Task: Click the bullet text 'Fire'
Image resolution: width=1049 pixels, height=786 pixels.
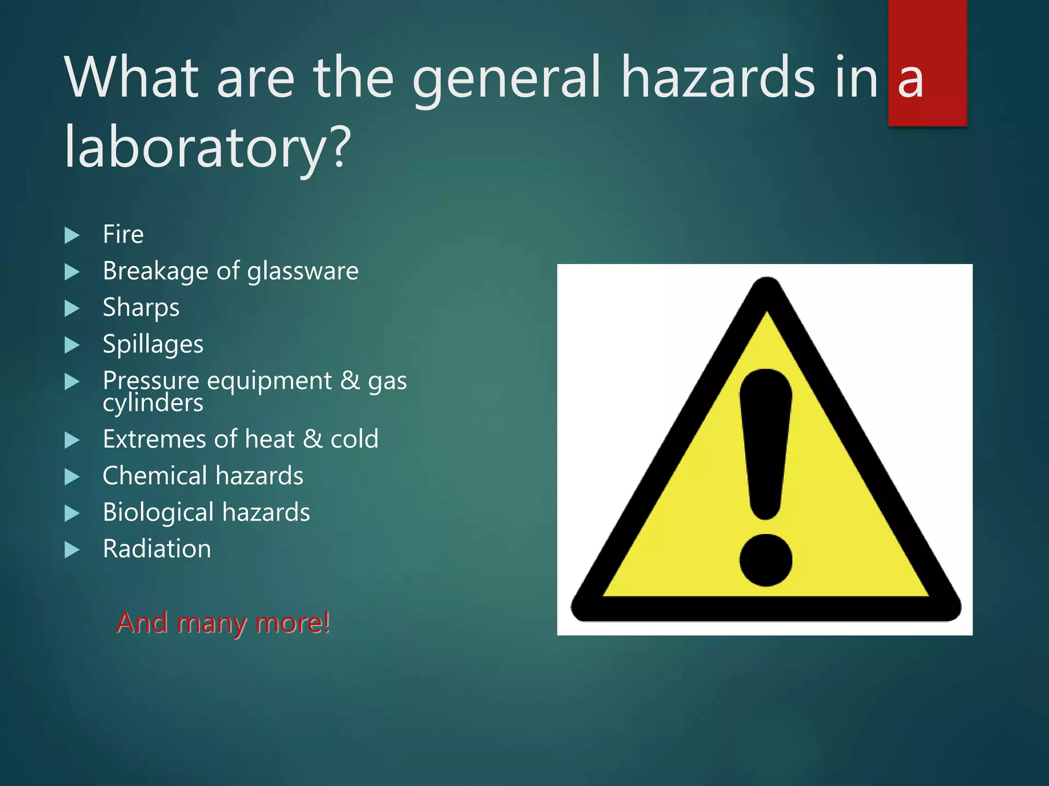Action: coord(123,234)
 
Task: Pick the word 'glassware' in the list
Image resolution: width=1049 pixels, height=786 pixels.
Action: coord(303,271)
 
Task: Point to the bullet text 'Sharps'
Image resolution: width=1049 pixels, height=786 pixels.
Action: coord(141,308)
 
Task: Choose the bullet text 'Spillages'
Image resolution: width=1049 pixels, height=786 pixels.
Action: coord(153,344)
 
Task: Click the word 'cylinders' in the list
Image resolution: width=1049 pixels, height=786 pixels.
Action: coord(153,403)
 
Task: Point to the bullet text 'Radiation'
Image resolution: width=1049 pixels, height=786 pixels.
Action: coord(157,549)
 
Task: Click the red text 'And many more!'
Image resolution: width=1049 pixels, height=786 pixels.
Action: coord(223,623)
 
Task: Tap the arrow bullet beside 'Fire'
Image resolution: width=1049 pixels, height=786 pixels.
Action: coord(72,235)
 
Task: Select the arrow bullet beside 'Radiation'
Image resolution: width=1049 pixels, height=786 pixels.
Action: coord(72,550)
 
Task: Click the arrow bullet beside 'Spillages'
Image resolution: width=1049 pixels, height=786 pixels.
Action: coord(72,345)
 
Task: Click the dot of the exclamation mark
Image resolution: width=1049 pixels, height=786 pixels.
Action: coord(766,560)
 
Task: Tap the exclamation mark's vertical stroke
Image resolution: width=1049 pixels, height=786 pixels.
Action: coord(766,440)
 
